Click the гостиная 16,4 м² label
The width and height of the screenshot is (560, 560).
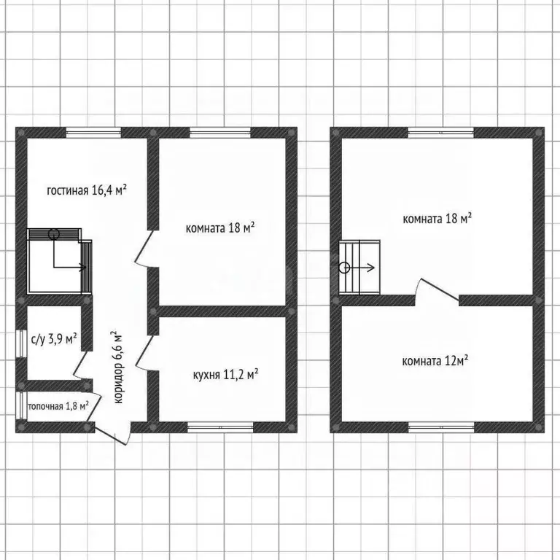tap(87, 190)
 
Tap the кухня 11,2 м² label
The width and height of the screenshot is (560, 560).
tap(225, 375)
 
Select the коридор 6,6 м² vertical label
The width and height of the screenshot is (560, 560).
tap(118, 367)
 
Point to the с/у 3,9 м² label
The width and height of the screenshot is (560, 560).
tap(54, 338)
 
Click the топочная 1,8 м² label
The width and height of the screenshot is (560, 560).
tap(58, 406)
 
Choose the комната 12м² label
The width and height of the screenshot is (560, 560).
tap(435, 361)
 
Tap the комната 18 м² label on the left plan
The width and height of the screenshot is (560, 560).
tap(220, 227)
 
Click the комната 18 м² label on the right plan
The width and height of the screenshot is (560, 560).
tap(437, 219)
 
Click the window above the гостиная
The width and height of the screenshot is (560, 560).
tap(94, 133)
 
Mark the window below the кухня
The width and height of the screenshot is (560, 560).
tap(220, 427)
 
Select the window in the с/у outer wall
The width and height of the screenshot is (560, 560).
tap(21, 343)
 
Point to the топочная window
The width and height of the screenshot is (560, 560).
tap(21, 405)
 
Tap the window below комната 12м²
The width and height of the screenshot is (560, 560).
tap(441, 427)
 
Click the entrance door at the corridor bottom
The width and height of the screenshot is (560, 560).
tap(111, 437)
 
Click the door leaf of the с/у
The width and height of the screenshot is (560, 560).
tap(80, 363)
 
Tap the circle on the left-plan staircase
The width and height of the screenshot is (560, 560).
tap(53, 234)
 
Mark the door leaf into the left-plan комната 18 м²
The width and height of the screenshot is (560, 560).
tap(144, 246)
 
